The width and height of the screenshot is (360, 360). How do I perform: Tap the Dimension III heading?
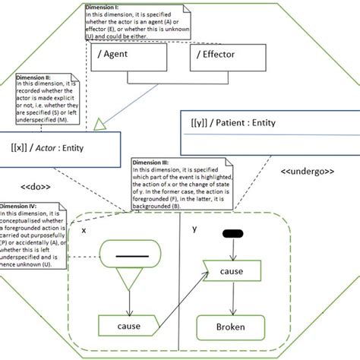(153, 163)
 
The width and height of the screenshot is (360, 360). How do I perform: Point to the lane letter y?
(194, 228)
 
